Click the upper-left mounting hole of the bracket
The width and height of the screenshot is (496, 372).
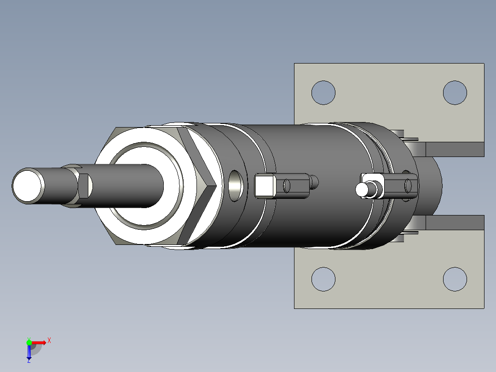323,93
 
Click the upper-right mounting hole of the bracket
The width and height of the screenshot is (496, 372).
455,93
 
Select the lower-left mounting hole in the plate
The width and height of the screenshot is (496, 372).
323,279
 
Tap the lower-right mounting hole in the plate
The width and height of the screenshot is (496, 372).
455,279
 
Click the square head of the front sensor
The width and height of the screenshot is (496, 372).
265,186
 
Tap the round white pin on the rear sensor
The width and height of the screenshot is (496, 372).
363,189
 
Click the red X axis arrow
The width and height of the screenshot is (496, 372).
40,342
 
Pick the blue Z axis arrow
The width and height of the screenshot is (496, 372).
29,352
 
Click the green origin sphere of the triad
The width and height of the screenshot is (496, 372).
29,342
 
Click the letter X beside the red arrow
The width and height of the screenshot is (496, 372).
49,340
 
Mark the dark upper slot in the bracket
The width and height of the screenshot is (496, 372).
455,149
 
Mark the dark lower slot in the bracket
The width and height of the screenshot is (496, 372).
455,222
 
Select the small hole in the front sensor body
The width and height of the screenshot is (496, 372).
287,186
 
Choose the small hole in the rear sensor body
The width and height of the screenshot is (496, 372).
408,185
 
